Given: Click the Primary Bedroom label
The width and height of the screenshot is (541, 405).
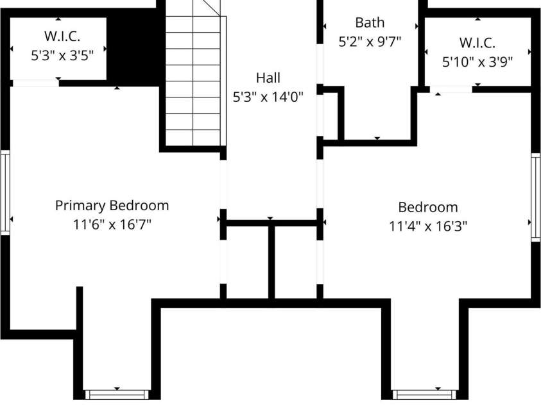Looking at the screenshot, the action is point(112,206).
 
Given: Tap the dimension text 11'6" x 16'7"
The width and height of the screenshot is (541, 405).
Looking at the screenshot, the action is point(112,224).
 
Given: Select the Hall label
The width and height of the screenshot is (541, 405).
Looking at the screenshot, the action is point(268,78).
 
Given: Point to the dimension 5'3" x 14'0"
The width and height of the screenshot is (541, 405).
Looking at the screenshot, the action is point(268,97).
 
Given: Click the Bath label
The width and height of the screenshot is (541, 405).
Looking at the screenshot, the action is point(370,22).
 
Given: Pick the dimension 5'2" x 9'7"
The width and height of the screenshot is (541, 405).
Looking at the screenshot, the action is point(370,42).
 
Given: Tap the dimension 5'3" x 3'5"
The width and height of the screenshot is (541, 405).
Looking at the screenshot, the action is point(62,55).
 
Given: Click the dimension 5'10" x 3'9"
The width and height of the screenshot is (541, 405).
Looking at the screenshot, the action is point(477,62).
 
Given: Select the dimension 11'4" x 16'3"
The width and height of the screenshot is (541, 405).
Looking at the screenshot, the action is point(428,226).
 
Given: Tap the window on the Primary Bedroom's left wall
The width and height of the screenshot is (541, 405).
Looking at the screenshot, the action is point(5,193).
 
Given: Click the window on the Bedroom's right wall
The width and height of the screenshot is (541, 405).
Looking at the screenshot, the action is point(535,197).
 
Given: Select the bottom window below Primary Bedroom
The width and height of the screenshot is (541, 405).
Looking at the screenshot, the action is point(117,394).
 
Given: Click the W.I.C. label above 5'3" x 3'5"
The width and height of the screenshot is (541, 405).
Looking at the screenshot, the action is point(62,36).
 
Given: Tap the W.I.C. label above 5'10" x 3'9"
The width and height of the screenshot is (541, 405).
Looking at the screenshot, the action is point(477,43).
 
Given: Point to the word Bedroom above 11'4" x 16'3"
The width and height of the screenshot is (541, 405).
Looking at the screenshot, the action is point(428,208).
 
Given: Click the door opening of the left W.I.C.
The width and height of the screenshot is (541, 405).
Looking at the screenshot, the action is point(35,83).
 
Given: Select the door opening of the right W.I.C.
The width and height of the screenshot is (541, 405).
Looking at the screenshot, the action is point(451,90).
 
